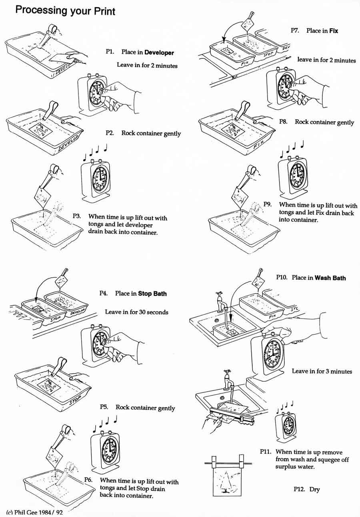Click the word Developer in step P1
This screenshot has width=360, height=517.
tap(159, 52)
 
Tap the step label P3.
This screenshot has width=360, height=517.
tap(77, 216)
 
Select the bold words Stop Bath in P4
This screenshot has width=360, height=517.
tap(152, 293)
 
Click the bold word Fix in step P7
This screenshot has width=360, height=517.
tap(334, 30)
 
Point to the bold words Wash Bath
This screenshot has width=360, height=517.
tap(330, 277)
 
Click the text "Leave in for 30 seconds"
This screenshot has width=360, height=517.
tap(136, 312)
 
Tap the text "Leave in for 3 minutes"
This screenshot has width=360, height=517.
tap(322, 371)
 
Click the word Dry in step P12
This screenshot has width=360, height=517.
tap(314, 489)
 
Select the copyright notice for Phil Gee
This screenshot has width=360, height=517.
tap(34, 512)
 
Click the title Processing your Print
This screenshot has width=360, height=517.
tap(65, 10)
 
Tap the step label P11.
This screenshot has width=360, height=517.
tap(266, 452)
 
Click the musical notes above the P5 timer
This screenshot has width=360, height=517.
tap(104, 423)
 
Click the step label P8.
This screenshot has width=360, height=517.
tap(284, 122)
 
